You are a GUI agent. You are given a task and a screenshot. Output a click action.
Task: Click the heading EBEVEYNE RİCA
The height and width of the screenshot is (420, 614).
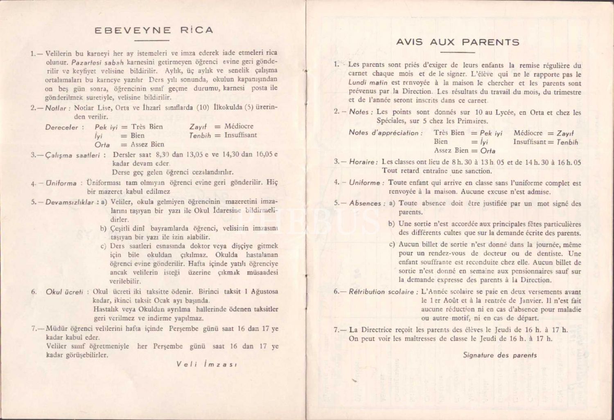[x=153, y=30]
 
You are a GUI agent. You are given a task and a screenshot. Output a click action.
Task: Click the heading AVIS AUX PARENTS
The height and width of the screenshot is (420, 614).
[x=458, y=42]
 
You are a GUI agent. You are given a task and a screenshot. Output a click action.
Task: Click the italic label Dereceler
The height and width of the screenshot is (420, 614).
[x=61, y=127]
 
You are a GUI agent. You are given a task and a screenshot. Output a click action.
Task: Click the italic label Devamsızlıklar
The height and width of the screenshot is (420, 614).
[x=70, y=202]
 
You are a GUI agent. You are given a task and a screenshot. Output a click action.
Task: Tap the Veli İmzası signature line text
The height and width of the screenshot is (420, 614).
[x=206, y=364]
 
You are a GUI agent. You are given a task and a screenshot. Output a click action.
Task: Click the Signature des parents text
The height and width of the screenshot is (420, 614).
[x=500, y=355]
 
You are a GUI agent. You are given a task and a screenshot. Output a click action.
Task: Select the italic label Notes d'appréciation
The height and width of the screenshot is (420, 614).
[x=384, y=133]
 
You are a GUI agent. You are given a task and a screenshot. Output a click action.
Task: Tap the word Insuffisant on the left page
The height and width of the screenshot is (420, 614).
[x=240, y=135]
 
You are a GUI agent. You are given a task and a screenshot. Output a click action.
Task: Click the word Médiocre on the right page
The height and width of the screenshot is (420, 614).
[x=528, y=133]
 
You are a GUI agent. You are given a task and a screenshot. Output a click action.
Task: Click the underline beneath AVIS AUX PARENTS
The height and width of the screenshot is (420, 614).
[x=458, y=52]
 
